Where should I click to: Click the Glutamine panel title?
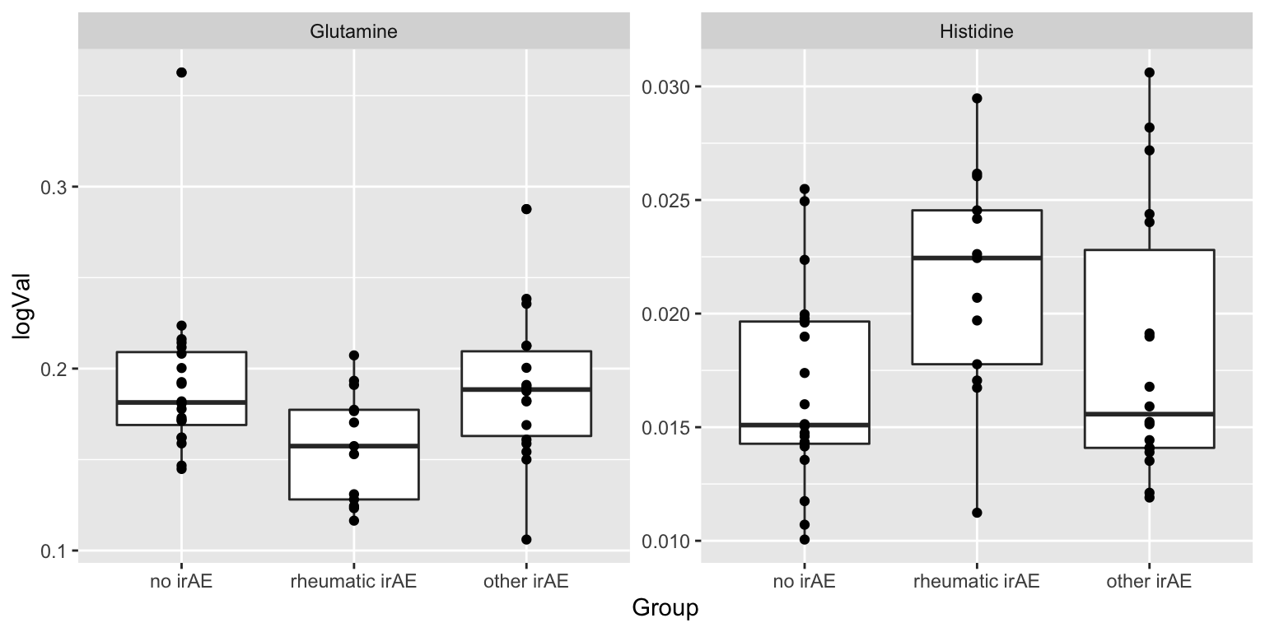(353, 32)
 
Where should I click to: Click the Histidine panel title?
(976, 32)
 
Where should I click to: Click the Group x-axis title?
(665, 608)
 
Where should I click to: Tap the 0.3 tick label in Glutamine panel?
(54, 187)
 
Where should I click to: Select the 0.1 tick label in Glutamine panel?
(54, 551)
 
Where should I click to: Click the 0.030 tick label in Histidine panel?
(668, 87)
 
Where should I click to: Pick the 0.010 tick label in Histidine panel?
(668, 541)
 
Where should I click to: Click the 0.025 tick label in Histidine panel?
(668, 201)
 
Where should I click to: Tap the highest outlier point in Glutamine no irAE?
(181, 72)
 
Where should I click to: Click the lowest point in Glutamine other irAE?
(526, 540)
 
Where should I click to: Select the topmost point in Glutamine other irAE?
(526, 209)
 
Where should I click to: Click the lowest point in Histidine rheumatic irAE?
(977, 513)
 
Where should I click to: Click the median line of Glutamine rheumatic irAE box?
(353, 446)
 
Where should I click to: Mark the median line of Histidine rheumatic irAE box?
(977, 258)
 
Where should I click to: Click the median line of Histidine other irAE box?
(1150, 414)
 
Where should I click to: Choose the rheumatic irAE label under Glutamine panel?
(353, 582)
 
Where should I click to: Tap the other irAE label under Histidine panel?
(1150, 582)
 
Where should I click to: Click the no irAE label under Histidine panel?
(804, 582)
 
